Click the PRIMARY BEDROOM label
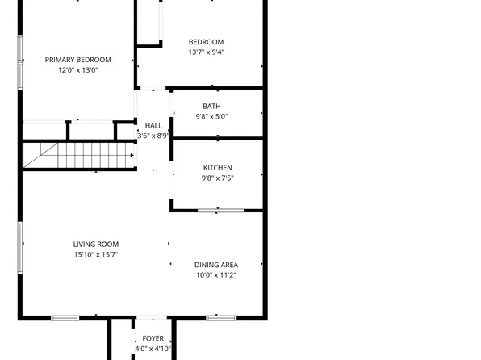pyautogui.click(x=78, y=60)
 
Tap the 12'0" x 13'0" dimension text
pyautogui.click(x=78, y=70)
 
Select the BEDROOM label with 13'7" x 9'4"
pyautogui.click(x=206, y=42)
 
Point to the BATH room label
pyautogui.click(x=211, y=106)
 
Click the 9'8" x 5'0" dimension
pyautogui.click(x=211, y=116)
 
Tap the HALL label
pyautogui.click(x=153, y=125)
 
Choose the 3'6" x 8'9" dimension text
pyautogui.click(x=153, y=136)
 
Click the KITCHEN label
pyautogui.click(x=217, y=168)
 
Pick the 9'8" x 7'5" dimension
pyautogui.click(x=217, y=178)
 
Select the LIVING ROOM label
pyautogui.click(x=96, y=245)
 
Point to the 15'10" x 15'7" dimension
pyautogui.click(x=96, y=255)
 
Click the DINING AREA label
pyautogui.click(x=215, y=265)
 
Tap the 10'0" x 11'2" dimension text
pyautogui.click(x=215, y=275)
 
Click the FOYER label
pyautogui.click(x=153, y=338)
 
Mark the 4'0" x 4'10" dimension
pyautogui.click(x=153, y=349)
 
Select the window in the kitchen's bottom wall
pyautogui.click(x=220, y=211)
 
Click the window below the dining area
pyautogui.click(x=220, y=317)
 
